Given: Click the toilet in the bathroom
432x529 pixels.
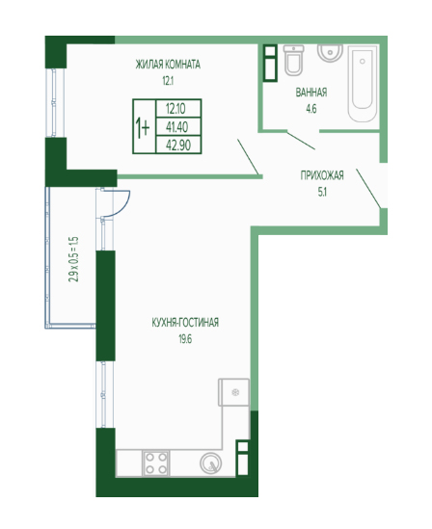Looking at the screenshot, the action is tap(293, 60).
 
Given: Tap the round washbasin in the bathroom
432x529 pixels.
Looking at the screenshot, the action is tap(330, 53).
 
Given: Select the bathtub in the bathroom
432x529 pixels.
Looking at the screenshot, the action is tap(363, 84).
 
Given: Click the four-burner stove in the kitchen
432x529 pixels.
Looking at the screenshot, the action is tap(156, 463).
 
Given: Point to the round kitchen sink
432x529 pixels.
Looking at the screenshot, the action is tap(210, 463).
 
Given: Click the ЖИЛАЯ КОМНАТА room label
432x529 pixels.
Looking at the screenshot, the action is tap(168, 65).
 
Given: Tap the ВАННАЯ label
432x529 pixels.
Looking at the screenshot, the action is tap(311, 93).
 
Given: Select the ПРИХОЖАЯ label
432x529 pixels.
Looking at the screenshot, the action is tap(322, 175).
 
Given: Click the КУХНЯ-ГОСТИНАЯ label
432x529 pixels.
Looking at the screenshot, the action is tap(185, 323).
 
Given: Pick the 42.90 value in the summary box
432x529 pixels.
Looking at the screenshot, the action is tap(178, 145).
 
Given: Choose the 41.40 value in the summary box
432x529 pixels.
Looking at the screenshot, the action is tap(177, 127).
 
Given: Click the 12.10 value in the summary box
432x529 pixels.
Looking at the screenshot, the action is tap(175, 109).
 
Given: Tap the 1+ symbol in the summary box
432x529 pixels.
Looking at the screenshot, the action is tap(143, 128).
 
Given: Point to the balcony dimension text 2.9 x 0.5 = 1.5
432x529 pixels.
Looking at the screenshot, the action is tap(73, 259).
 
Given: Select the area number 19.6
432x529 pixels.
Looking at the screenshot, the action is tap(185, 339).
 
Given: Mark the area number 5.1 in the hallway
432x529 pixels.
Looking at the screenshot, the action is tap(322, 193).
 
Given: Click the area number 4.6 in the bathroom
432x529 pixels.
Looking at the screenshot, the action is tap(311, 109).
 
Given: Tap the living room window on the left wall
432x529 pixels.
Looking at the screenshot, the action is tap(53, 102).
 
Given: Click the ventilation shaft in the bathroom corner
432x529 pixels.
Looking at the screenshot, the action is tap(270, 63).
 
